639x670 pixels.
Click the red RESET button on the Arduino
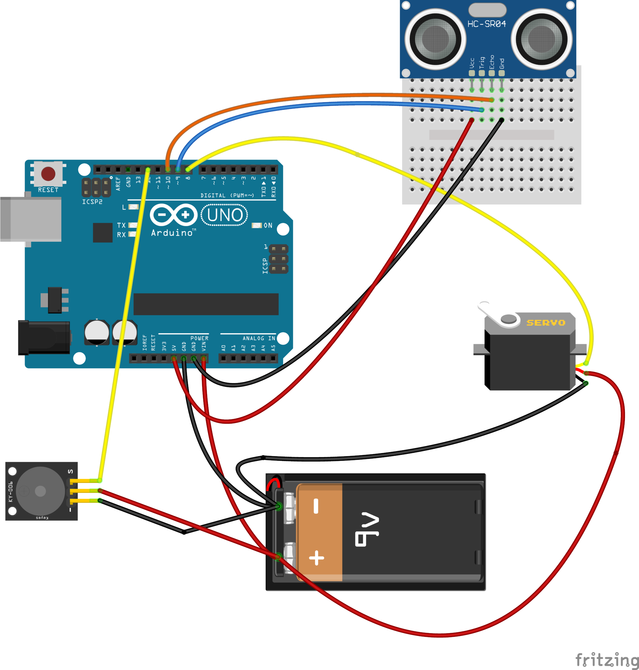[x=48, y=174]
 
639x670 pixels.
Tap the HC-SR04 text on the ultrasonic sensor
[x=487, y=24]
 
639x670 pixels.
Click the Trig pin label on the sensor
[x=482, y=63]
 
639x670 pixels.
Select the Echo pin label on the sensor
[x=491, y=62]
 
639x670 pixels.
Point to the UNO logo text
[x=225, y=215]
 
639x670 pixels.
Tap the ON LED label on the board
[x=268, y=225]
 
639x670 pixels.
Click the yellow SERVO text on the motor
[x=546, y=322]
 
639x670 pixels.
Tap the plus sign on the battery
[x=316, y=557]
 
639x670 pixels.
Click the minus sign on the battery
[x=316, y=506]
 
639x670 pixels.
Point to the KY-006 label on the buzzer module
[x=10, y=491]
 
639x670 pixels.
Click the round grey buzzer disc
[x=40, y=491]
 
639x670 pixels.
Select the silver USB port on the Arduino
[x=31, y=219]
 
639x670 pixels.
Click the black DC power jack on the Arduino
[x=44, y=338]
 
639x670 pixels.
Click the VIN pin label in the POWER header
[x=204, y=346]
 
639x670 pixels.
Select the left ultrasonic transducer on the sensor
[x=435, y=39]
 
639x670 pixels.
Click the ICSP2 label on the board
[x=92, y=202]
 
